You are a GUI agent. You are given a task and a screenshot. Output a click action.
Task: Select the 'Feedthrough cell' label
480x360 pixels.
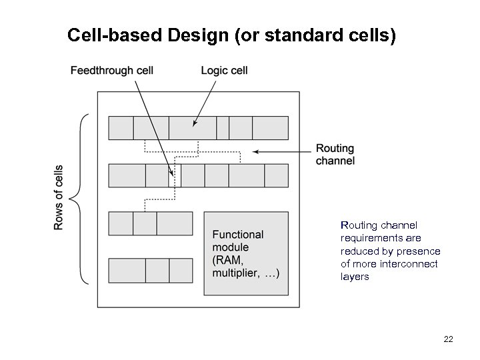click(x=112, y=71)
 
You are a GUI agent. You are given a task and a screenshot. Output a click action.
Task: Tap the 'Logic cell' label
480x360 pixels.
click(x=224, y=71)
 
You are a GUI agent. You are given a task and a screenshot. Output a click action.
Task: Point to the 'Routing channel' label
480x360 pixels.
click(x=335, y=155)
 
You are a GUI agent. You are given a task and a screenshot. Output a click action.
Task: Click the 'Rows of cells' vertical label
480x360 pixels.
click(x=59, y=197)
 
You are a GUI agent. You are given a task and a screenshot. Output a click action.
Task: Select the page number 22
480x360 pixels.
click(x=448, y=339)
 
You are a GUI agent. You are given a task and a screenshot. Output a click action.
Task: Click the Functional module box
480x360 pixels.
click(x=246, y=253)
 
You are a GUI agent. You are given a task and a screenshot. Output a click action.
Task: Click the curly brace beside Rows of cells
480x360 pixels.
click(x=82, y=198)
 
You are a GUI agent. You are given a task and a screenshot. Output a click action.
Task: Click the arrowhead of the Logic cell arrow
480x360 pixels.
click(x=195, y=123)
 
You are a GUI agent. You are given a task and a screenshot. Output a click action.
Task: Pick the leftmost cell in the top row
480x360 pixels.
click(x=121, y=128)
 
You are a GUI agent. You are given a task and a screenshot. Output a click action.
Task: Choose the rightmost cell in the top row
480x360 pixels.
click(x=270, y=128)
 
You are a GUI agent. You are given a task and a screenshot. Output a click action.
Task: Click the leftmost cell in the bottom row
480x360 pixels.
click(x=127, y=271)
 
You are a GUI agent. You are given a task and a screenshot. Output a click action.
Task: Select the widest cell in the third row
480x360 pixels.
click(x=175, y=223)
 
